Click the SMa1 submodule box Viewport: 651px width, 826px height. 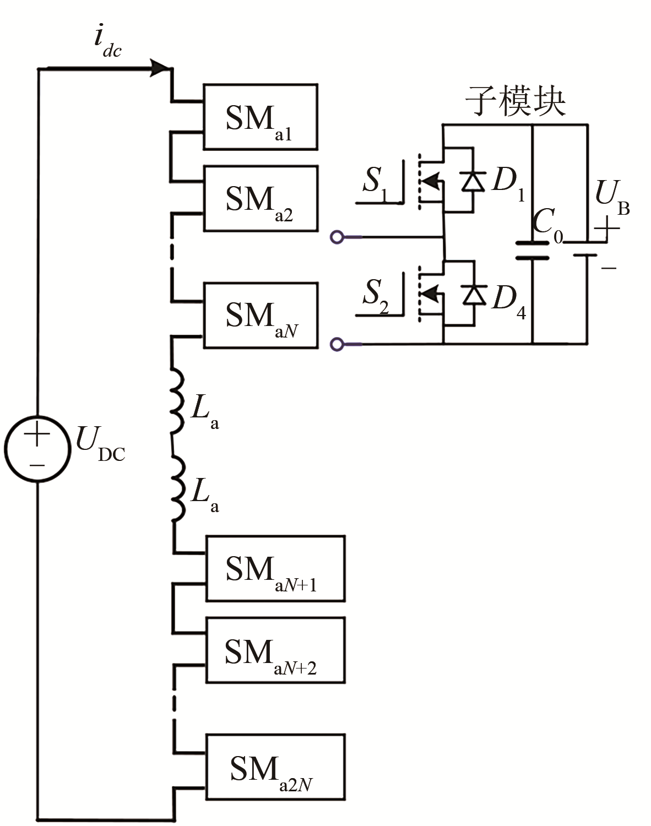tap(260, 117)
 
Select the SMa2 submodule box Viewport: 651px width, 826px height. tap(260, 198)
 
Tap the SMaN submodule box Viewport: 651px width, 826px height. tap(260, 315)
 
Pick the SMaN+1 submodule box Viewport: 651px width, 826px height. tap(275, 568)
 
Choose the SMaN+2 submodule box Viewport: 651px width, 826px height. tap(275, 650)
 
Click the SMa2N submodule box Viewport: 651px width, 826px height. tap(275, 767)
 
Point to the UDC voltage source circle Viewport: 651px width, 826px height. tap(38, 448)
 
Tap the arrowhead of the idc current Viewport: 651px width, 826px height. tap(160, 68)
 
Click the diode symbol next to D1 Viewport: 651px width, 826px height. tap(473, 180)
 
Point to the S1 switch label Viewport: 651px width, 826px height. tap(375, 181)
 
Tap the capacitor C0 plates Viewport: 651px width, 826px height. tap(532, 250)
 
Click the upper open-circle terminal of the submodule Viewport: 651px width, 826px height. tap(337, 237)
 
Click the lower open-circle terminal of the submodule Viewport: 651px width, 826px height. tap(337, 344)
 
